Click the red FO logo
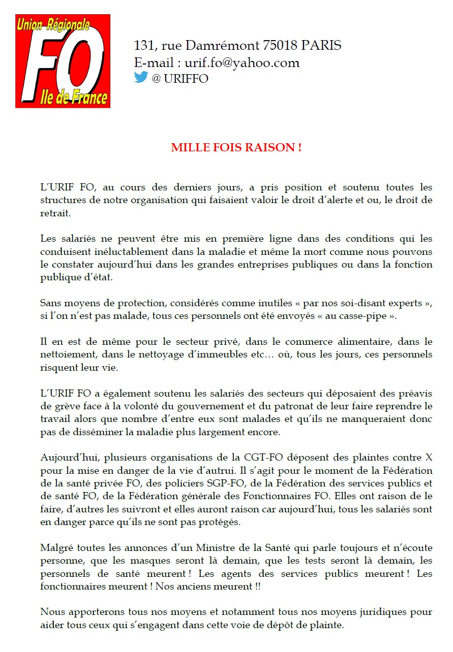63,61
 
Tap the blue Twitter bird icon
141,77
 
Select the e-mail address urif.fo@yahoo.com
242,62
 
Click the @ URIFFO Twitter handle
180,79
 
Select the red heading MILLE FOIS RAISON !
236,148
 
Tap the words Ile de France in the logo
74,97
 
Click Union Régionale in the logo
53,24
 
